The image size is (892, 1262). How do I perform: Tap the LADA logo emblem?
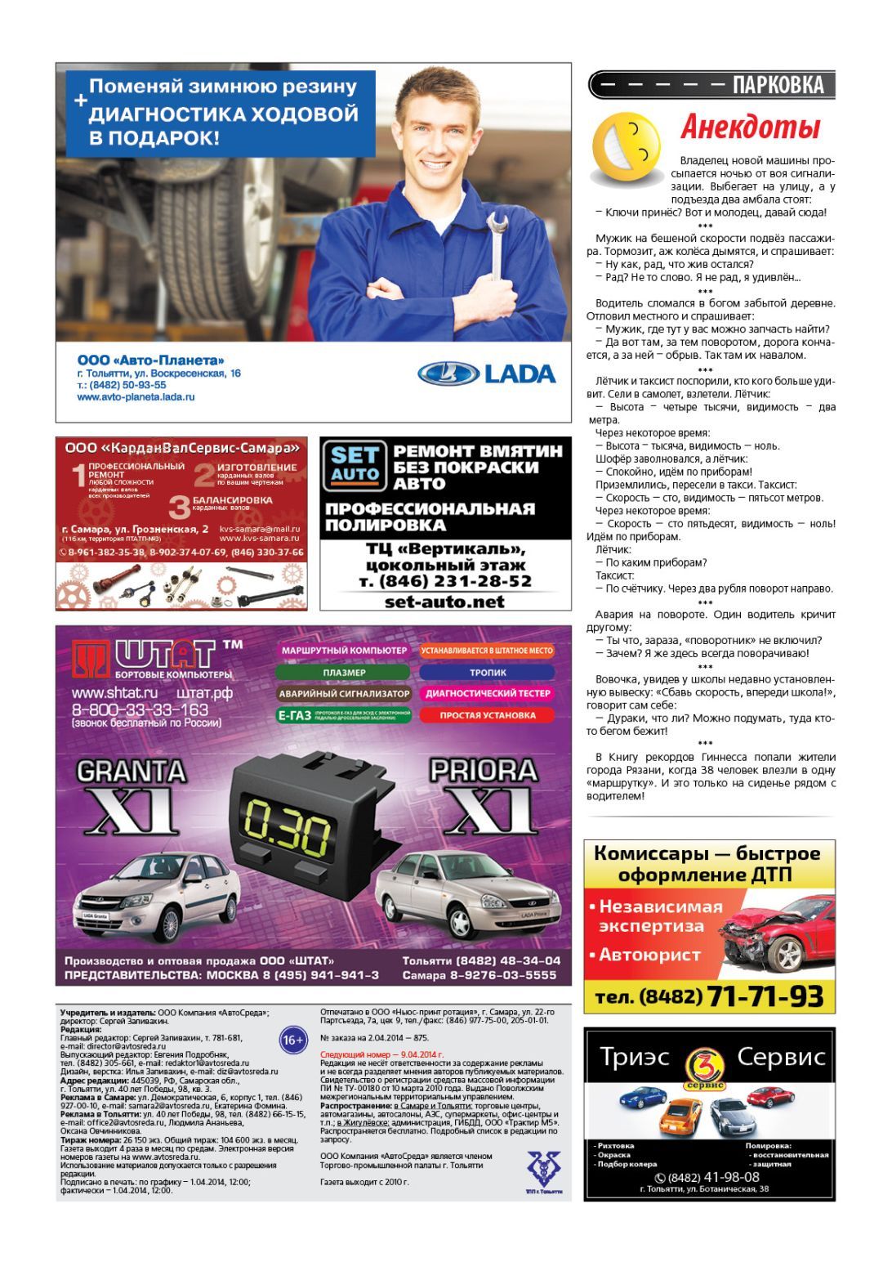point(448,374)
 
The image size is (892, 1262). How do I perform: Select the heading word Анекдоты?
point(750,128)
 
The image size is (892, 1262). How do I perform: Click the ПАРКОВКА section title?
point(778,85)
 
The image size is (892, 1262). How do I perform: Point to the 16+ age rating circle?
point(292,1040)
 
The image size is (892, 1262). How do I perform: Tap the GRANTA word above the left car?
point(131,771)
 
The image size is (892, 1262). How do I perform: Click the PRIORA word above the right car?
point(484,771)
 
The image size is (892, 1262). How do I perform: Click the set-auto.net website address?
point(444,602)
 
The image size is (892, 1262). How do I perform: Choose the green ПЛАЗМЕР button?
point(343,673)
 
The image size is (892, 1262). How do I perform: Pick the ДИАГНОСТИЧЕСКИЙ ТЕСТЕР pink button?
point(488,694)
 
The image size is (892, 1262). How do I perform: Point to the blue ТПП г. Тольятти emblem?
point(538,1169)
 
